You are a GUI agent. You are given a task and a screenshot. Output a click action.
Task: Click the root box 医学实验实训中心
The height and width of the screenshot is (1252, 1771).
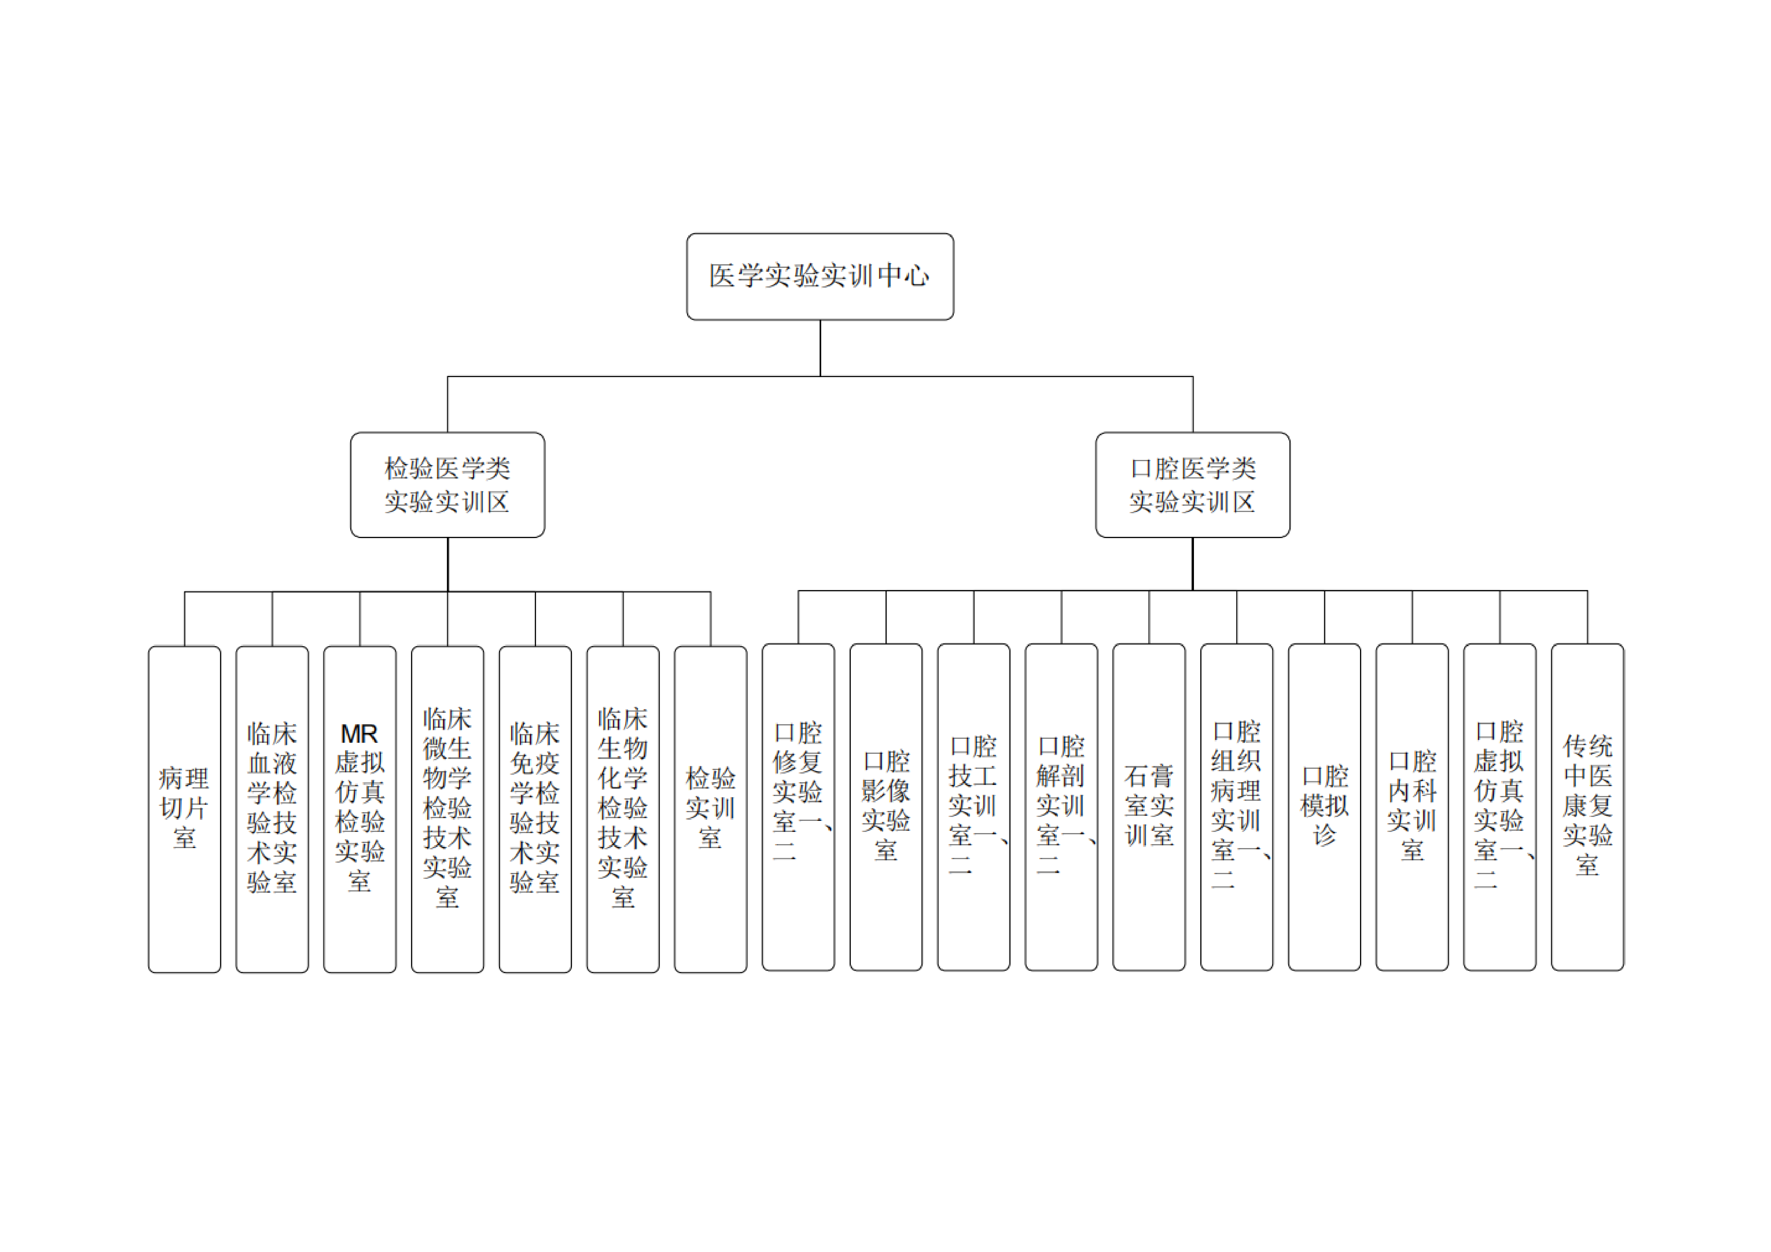point(820,276)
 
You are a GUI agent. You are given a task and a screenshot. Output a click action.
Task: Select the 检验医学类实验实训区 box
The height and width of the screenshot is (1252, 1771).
point(447,484)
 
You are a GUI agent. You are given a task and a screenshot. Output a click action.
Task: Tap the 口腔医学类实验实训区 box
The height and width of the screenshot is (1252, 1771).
point(1192,484)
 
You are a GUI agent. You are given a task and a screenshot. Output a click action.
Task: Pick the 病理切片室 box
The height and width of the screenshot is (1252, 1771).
point(184,809)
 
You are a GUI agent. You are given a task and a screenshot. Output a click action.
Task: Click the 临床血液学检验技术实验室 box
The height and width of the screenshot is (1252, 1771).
point(272,809)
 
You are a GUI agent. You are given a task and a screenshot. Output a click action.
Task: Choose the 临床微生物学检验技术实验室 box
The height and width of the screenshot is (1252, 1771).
point(447,809)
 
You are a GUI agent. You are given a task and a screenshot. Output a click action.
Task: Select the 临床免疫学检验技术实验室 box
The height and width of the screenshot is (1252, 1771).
point(535,809)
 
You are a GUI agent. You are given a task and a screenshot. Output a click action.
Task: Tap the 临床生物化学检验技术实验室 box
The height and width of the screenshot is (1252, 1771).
point(623,809)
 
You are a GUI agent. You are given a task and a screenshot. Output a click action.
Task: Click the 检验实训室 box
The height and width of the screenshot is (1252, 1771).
point(710,809)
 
